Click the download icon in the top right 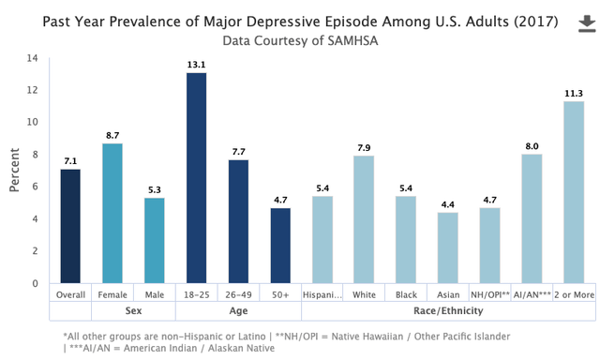click(x=587, y=24)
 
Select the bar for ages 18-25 click(x=196, y=178)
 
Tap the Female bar click(x=112, y=214)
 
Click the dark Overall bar click(x=70, y=226)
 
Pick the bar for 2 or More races click(x=574, y=192)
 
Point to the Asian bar click(x=448, y=247)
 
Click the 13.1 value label click(x=196, y=65)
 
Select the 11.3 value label click(x=574, y=94)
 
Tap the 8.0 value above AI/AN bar click(x=532, y=146)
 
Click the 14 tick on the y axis click(x=32, y=58)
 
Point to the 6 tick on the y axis click(x=36, y=187)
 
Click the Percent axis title click(x=14, y=170)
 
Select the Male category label click(x=155, y=295)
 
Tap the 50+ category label click(x=280, y=295)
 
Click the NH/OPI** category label click(x=490, y=295)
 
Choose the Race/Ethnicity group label click(x=448, y=310)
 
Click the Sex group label click(x=133, y=310)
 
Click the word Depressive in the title click(x=290, y=22)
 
